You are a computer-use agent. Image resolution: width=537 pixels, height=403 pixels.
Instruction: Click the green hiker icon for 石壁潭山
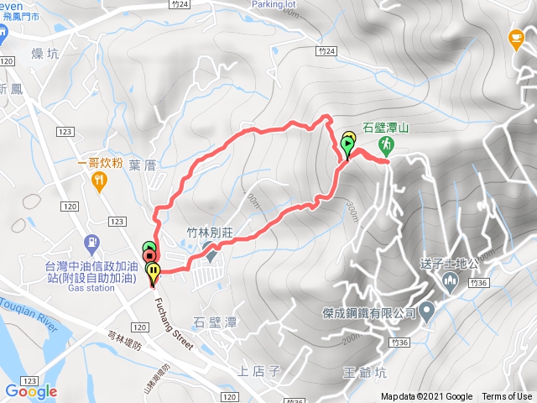pyautogui.click(x=386, y=144)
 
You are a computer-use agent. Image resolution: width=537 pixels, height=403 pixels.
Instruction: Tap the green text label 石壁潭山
pyautogui.click(x=385, y=128)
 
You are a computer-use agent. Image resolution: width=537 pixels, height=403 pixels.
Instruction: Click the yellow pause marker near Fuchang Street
pyautogui.click(x=154, y=270)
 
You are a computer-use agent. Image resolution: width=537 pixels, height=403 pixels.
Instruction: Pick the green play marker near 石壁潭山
pyautogui.click(x=347, y=144)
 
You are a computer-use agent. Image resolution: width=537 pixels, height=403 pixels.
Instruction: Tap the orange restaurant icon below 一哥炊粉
pyautogui.click(x=100, y=180)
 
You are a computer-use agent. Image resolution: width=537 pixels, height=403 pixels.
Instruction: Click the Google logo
pyautogui.click(x=31, y=391)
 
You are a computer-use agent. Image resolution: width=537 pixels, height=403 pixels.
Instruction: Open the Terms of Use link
pyautogui.click(x=507, y=397)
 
